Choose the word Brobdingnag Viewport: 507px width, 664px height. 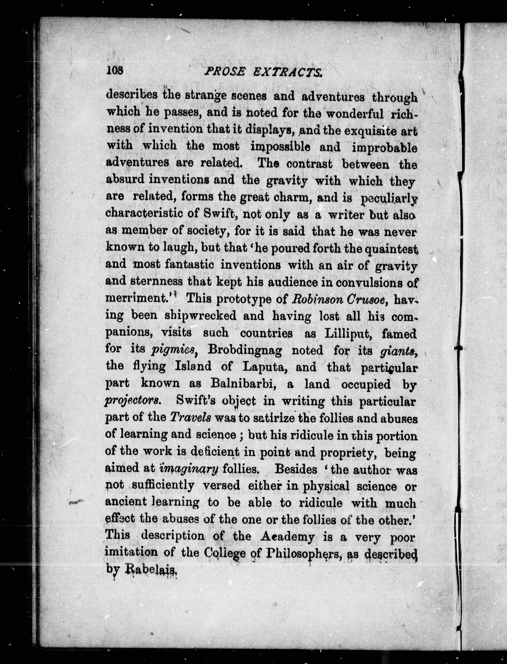245,350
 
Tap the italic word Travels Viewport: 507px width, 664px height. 190,418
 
